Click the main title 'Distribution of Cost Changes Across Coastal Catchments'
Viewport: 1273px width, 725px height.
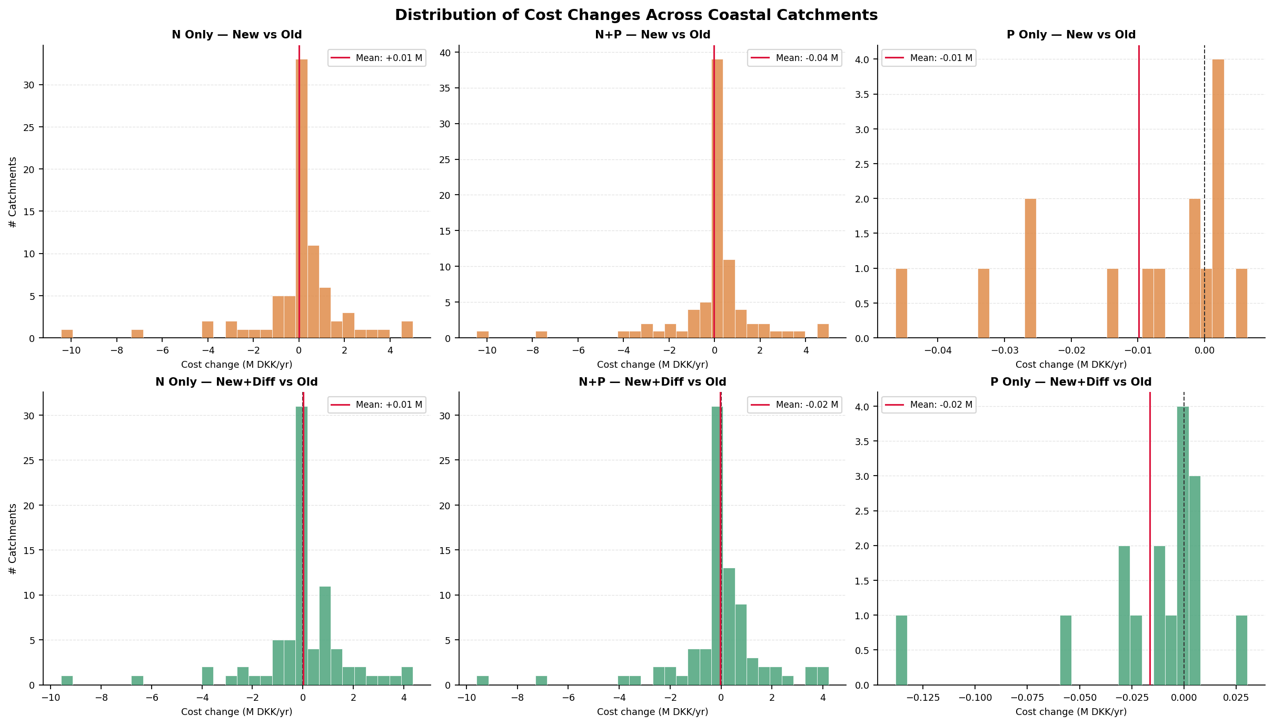tap(636, 15)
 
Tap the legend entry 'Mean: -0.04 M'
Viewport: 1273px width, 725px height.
tap(794, 58)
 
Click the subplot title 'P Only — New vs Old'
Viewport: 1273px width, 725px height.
tap(1071, 35)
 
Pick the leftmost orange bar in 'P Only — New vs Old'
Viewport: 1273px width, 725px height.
tap(901, 304)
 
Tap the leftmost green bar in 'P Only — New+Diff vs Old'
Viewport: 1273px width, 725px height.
tap(901, 650)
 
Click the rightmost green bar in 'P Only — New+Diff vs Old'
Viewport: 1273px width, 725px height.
tap(1241, 650)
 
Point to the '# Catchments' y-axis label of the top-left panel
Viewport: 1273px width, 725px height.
tap(13, 192)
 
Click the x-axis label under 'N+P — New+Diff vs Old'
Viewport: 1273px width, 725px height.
tap(652, 712)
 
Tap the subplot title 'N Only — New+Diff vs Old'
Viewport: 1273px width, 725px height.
tap(236, 382)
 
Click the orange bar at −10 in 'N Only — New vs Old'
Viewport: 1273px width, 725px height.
tap(67, 334)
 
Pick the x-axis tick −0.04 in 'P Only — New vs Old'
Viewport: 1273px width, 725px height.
tap(938, 351)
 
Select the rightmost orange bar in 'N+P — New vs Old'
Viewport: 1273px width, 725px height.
tap(823, 331)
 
